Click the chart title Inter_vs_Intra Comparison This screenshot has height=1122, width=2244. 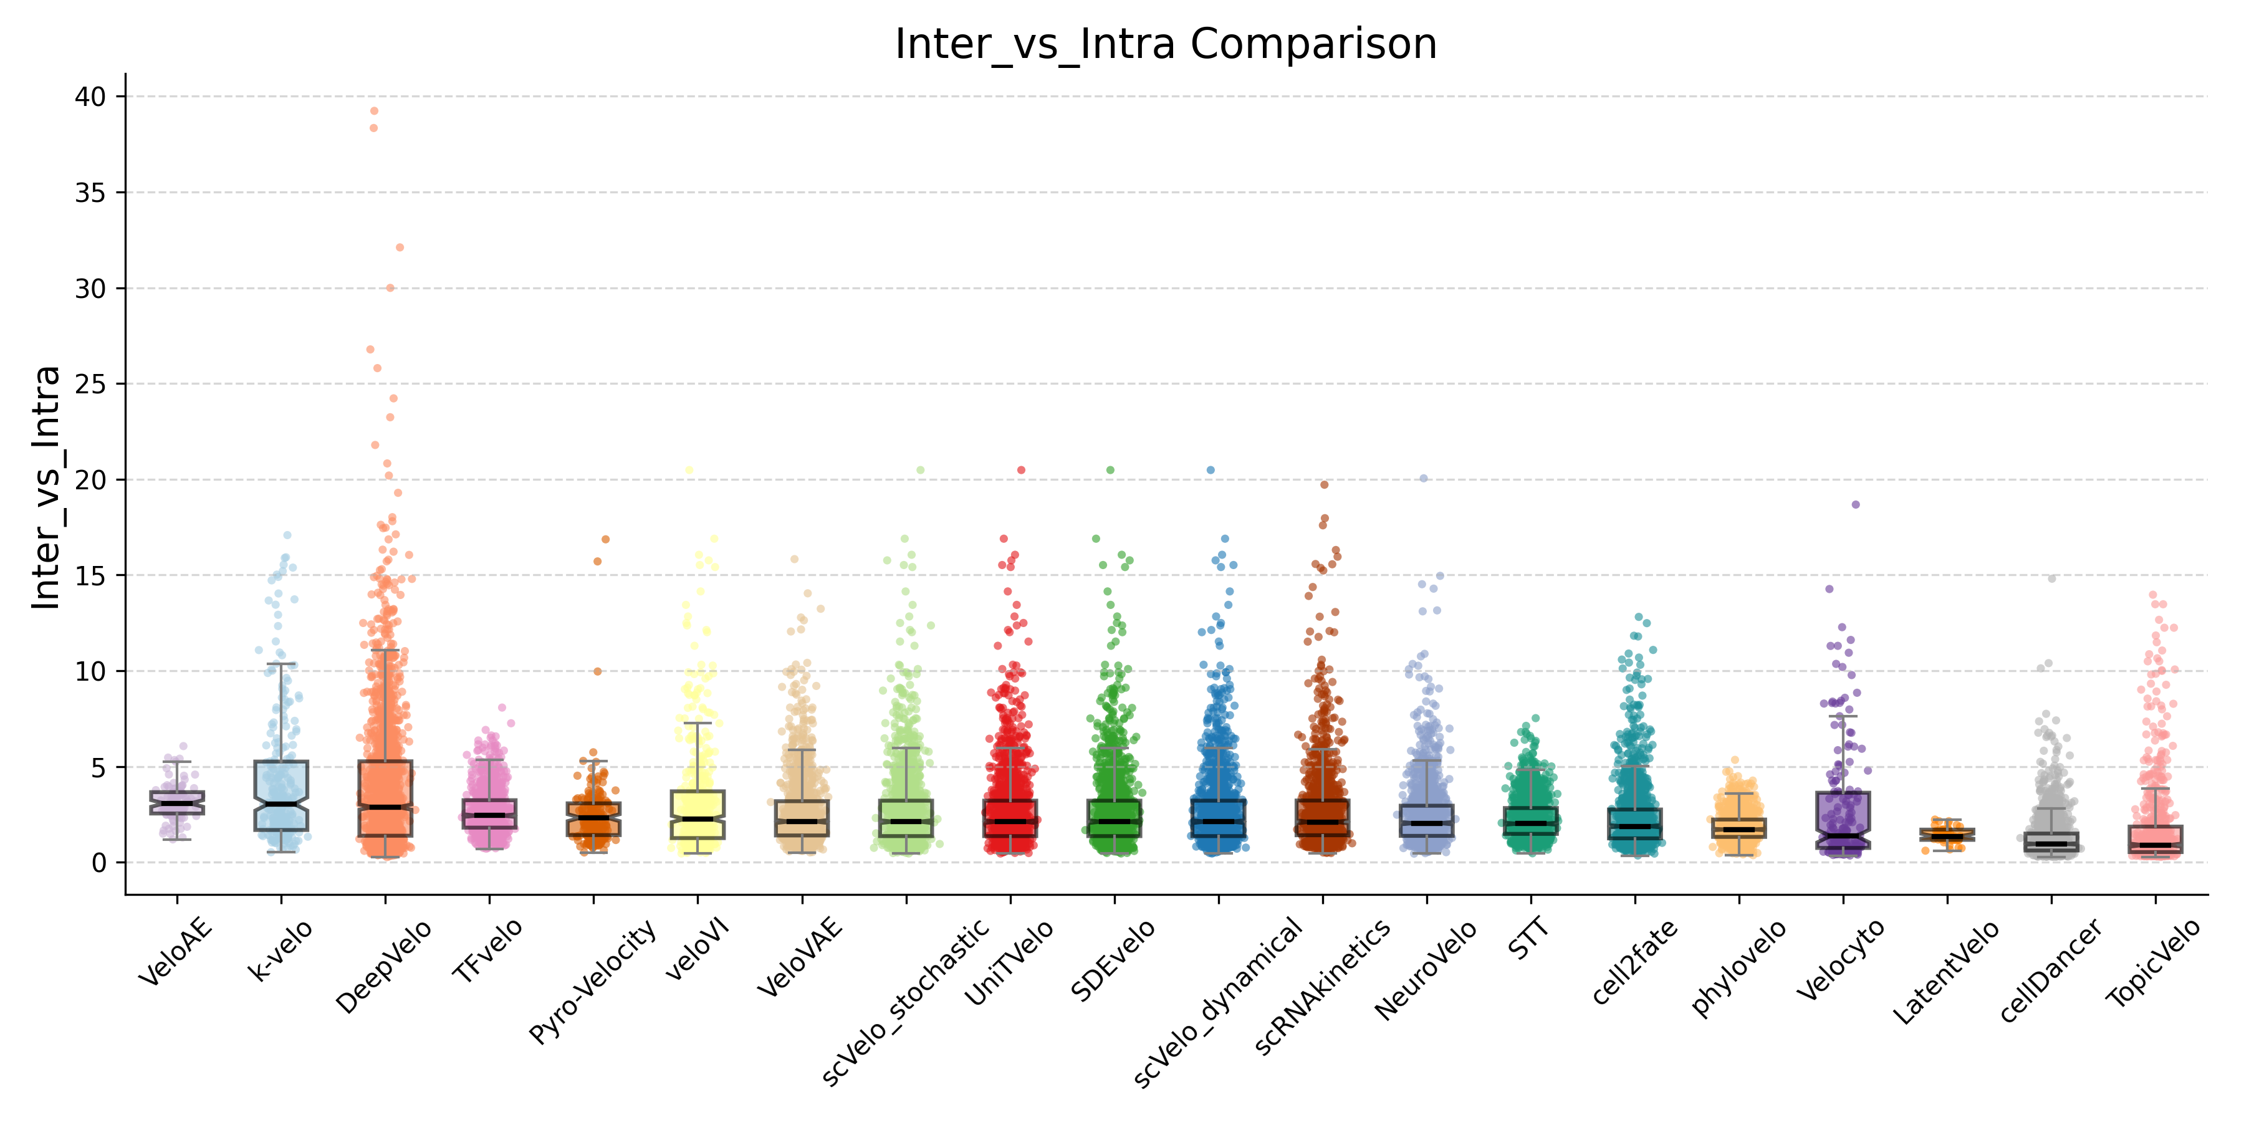coord(1166,44)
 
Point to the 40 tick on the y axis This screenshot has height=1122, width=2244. coord(90,97)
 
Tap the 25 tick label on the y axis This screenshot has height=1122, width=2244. coord(90,384)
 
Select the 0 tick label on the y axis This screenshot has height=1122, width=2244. coord(98,863)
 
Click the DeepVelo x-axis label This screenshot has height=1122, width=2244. coord(384,966)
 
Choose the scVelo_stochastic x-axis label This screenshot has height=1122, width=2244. coord(906,1002)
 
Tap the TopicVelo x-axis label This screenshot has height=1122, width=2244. coord(2154,962)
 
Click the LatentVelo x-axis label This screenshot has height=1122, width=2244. coord(1946,971)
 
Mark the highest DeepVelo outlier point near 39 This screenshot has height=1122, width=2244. coord(375,110)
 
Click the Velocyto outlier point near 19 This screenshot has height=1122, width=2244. coord(1856,504)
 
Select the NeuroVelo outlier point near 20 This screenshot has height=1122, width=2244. coord(1424,478)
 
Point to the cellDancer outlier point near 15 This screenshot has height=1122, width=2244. coord(2051,578)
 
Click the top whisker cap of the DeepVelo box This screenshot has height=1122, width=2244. coord(385,650)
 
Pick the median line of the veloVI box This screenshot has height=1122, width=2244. coord(698,819)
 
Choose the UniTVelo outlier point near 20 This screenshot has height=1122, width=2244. coord(1022,471)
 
